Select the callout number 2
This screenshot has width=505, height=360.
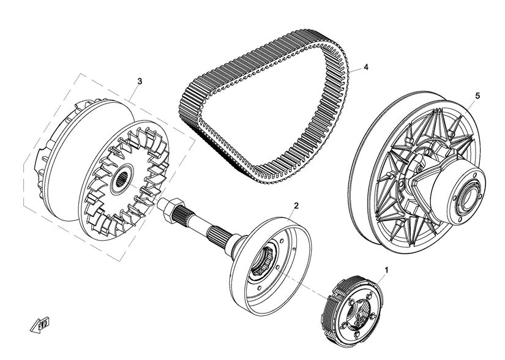[x=296, y=205]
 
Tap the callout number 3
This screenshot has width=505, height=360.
[x=140, y=81]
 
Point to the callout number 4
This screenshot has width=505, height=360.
[x=365, y=67]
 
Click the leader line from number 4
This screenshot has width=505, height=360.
[x=355, y=70]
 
